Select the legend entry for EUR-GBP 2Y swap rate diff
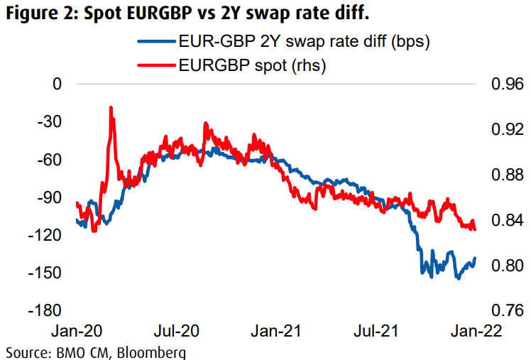coord(306,42)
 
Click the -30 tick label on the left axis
coord(50,121)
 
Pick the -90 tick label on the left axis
coord(50,197)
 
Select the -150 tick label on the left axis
coord(46,273)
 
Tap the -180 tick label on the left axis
coord(46,310)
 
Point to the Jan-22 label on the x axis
coord(474,332)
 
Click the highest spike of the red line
coord(111,109)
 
